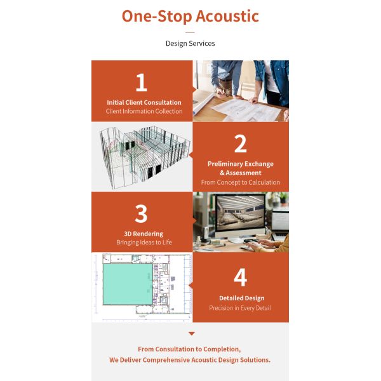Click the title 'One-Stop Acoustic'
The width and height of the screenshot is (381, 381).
tap(190, 16)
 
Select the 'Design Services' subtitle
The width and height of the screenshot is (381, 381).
tap(190, 44)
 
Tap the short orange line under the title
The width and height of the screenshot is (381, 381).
tap(190, 32)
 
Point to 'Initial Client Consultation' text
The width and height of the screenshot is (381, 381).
tap(144, 102)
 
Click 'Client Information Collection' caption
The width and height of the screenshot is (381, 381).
tap(144, 112)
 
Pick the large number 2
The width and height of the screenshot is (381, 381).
tap(240, 144)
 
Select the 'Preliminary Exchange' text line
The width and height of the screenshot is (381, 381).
tap(240, 164)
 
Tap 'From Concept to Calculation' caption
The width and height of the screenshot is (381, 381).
tap(240, 183)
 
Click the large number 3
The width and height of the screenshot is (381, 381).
tap(141, 215)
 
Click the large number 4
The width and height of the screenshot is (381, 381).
tap(240, 277)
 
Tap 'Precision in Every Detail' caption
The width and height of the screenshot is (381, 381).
tap(240, 308)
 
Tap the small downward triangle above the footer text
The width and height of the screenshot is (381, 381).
tap(191, 333)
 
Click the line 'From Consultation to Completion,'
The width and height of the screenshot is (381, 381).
tap(189, 349)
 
